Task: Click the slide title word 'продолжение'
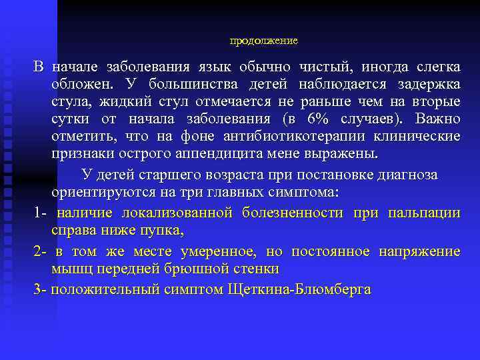tap(263, 41)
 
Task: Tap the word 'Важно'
tap(437, 119)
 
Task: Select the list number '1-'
tap(40, 213)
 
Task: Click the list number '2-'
tap(40, 252)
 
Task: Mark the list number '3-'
tap(40, 290)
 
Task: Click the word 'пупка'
tap(161, 231)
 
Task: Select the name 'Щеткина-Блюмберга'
tap(299, 290)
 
